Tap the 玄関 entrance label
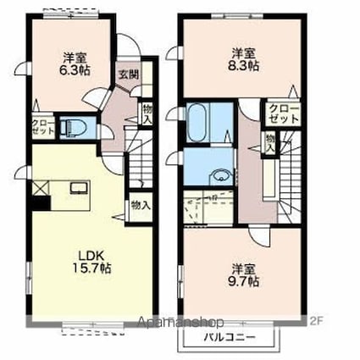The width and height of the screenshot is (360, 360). click(128, 74)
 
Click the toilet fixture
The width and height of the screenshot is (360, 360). click(74, 128)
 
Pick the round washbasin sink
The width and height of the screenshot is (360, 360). click(220, 176)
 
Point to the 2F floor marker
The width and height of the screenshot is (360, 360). click(317, 321)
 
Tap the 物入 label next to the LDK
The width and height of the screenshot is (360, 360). click(141, 205)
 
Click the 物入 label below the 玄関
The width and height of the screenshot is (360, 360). click(148, 113)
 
